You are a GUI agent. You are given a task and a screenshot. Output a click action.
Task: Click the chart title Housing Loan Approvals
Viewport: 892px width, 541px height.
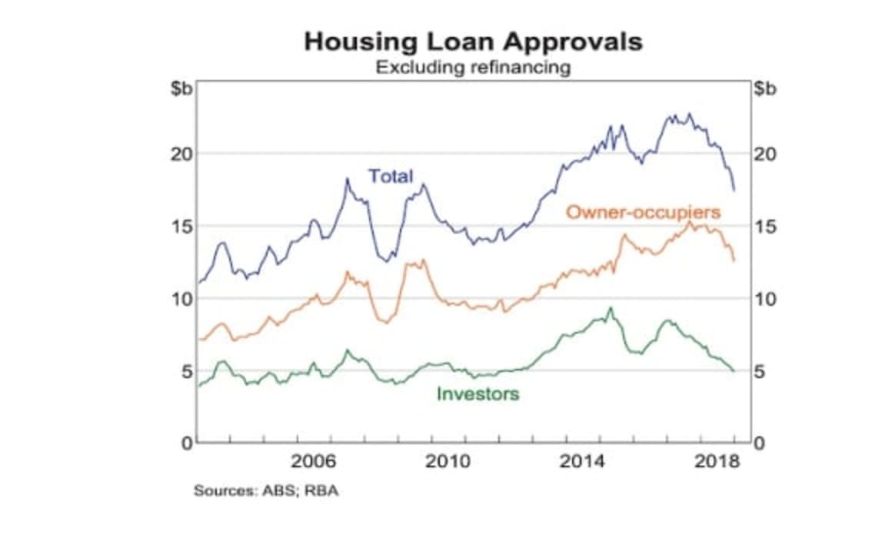[x=472, y=41]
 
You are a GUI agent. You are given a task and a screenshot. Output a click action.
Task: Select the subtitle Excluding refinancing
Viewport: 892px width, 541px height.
[x=472, y=67]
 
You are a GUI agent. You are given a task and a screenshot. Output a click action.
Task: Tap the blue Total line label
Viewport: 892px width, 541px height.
[x=391, y=176]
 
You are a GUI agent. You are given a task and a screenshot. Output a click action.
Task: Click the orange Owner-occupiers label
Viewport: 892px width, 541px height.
[x=643, y=211]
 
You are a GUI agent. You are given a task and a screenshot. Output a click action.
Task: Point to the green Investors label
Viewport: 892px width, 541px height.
[x=478, y=394]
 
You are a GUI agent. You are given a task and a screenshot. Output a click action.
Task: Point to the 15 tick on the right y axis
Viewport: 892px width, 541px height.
[x=764, y=227]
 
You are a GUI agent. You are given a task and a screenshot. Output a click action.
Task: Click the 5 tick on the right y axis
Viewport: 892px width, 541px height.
[x=761, y=371]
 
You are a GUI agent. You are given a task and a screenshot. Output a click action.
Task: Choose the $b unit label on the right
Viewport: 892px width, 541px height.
[x=765, y=88]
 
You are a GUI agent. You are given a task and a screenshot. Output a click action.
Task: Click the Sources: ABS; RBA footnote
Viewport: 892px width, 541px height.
[x=265, y=490]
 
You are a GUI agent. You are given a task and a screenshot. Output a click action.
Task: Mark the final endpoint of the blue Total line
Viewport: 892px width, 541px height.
[x=734, y=191]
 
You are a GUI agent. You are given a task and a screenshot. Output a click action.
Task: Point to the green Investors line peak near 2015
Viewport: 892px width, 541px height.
[x=611, y=307]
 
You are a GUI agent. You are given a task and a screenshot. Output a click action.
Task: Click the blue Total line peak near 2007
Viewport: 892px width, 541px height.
[x=347, y=179]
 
